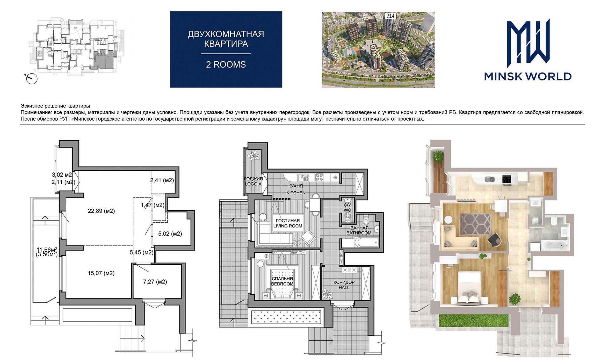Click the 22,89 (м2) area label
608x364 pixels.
pos(101,211)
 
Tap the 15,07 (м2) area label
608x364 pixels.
pos(101,273)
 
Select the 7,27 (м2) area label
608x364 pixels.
pos(155,282)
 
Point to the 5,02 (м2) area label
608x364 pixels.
pos(170,234)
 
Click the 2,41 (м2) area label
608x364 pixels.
pos(162,180)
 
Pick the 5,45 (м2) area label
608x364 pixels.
pos(142,252)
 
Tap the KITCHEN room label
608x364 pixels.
pos(296,193)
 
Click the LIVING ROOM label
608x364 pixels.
pos(288,226)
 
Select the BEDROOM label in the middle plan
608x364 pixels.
pos(282,284)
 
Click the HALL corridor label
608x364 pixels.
pos(344,288)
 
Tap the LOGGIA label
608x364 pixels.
pos(253,184)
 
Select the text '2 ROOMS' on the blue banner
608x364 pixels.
pos(226,64)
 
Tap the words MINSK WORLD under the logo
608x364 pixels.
pos(528,76)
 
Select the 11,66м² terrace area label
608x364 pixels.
pos(47,250)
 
